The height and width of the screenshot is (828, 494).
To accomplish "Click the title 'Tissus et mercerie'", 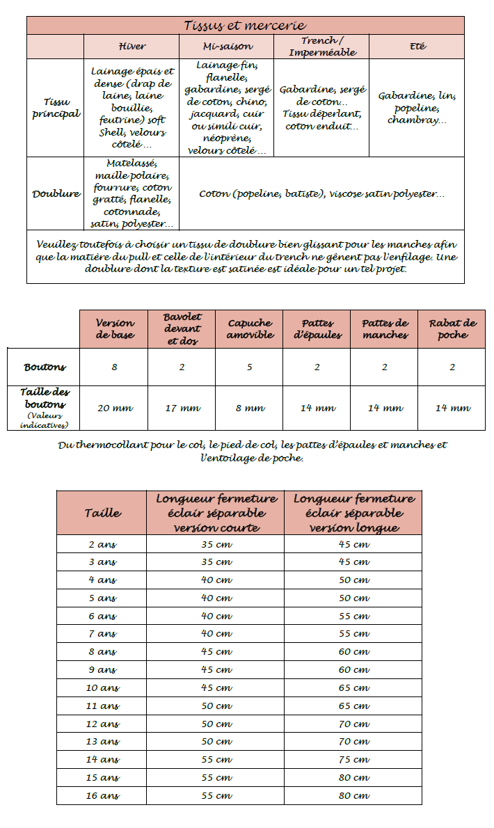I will (x=245, y=26).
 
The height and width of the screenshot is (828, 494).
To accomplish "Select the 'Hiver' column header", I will (x=132, y=47).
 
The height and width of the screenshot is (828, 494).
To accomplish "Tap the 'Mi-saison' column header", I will (x=226, y=47).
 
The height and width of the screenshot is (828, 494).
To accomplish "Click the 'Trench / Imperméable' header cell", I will (x=321, y=47).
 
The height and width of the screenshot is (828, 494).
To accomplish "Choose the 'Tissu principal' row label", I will (x=56, y=108).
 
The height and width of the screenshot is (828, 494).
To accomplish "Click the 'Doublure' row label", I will (x=56, y=194).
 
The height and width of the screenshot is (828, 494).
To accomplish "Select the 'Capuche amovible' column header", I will (x=249, y=329).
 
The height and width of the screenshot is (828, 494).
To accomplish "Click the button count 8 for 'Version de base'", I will (x=113, y=367).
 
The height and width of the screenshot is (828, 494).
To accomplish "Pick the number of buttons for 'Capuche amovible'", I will (x=249, y=367).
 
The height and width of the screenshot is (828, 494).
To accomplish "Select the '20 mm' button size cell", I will (x=113, y=408).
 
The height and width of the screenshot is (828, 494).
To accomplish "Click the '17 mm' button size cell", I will (x=182, y=408).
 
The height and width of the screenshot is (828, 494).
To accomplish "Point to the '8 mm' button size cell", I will (x=249, y=408).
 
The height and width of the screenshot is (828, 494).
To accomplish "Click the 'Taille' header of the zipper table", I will (x=102, y=513).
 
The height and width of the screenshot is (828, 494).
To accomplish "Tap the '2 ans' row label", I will (x=102, y=544).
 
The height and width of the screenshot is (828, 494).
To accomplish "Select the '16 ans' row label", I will (x=102, y=795).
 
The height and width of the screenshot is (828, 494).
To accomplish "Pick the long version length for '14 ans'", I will (x=354, y=760).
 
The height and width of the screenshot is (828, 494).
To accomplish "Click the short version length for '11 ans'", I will (x=216, y=706).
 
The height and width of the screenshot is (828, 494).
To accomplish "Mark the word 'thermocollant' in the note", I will (x=116, y=445).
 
